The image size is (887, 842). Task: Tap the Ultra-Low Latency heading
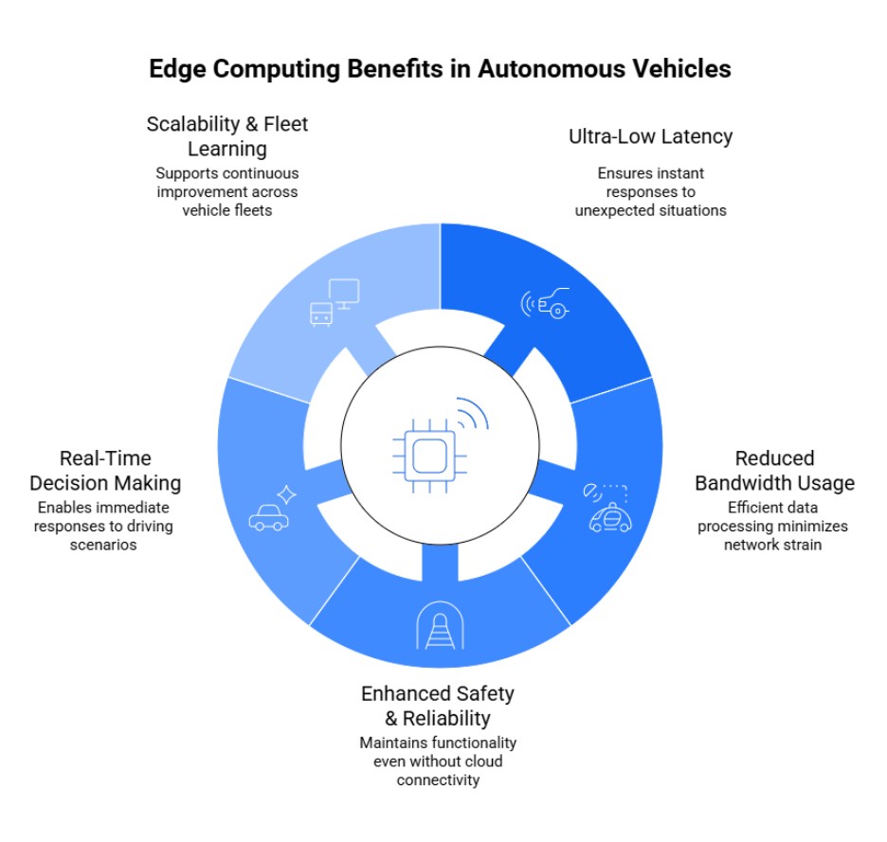click(x=650, y=136)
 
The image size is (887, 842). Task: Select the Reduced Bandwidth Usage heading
click(x=774, y=471)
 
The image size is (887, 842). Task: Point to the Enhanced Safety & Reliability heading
click(x=438, y=706)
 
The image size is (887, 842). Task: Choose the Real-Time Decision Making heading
click(x=104, y=471)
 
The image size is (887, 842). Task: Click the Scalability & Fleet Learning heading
click(x=227, y=136)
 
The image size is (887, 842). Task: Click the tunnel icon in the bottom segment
click(x=438, y=626)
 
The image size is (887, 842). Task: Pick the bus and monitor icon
click(x=335, y=302)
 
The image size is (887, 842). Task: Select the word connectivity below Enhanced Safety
click(x=438, y=779)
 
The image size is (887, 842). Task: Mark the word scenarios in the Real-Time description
click(x=103, y=545)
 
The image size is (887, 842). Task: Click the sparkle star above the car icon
click(x=286, y=494)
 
